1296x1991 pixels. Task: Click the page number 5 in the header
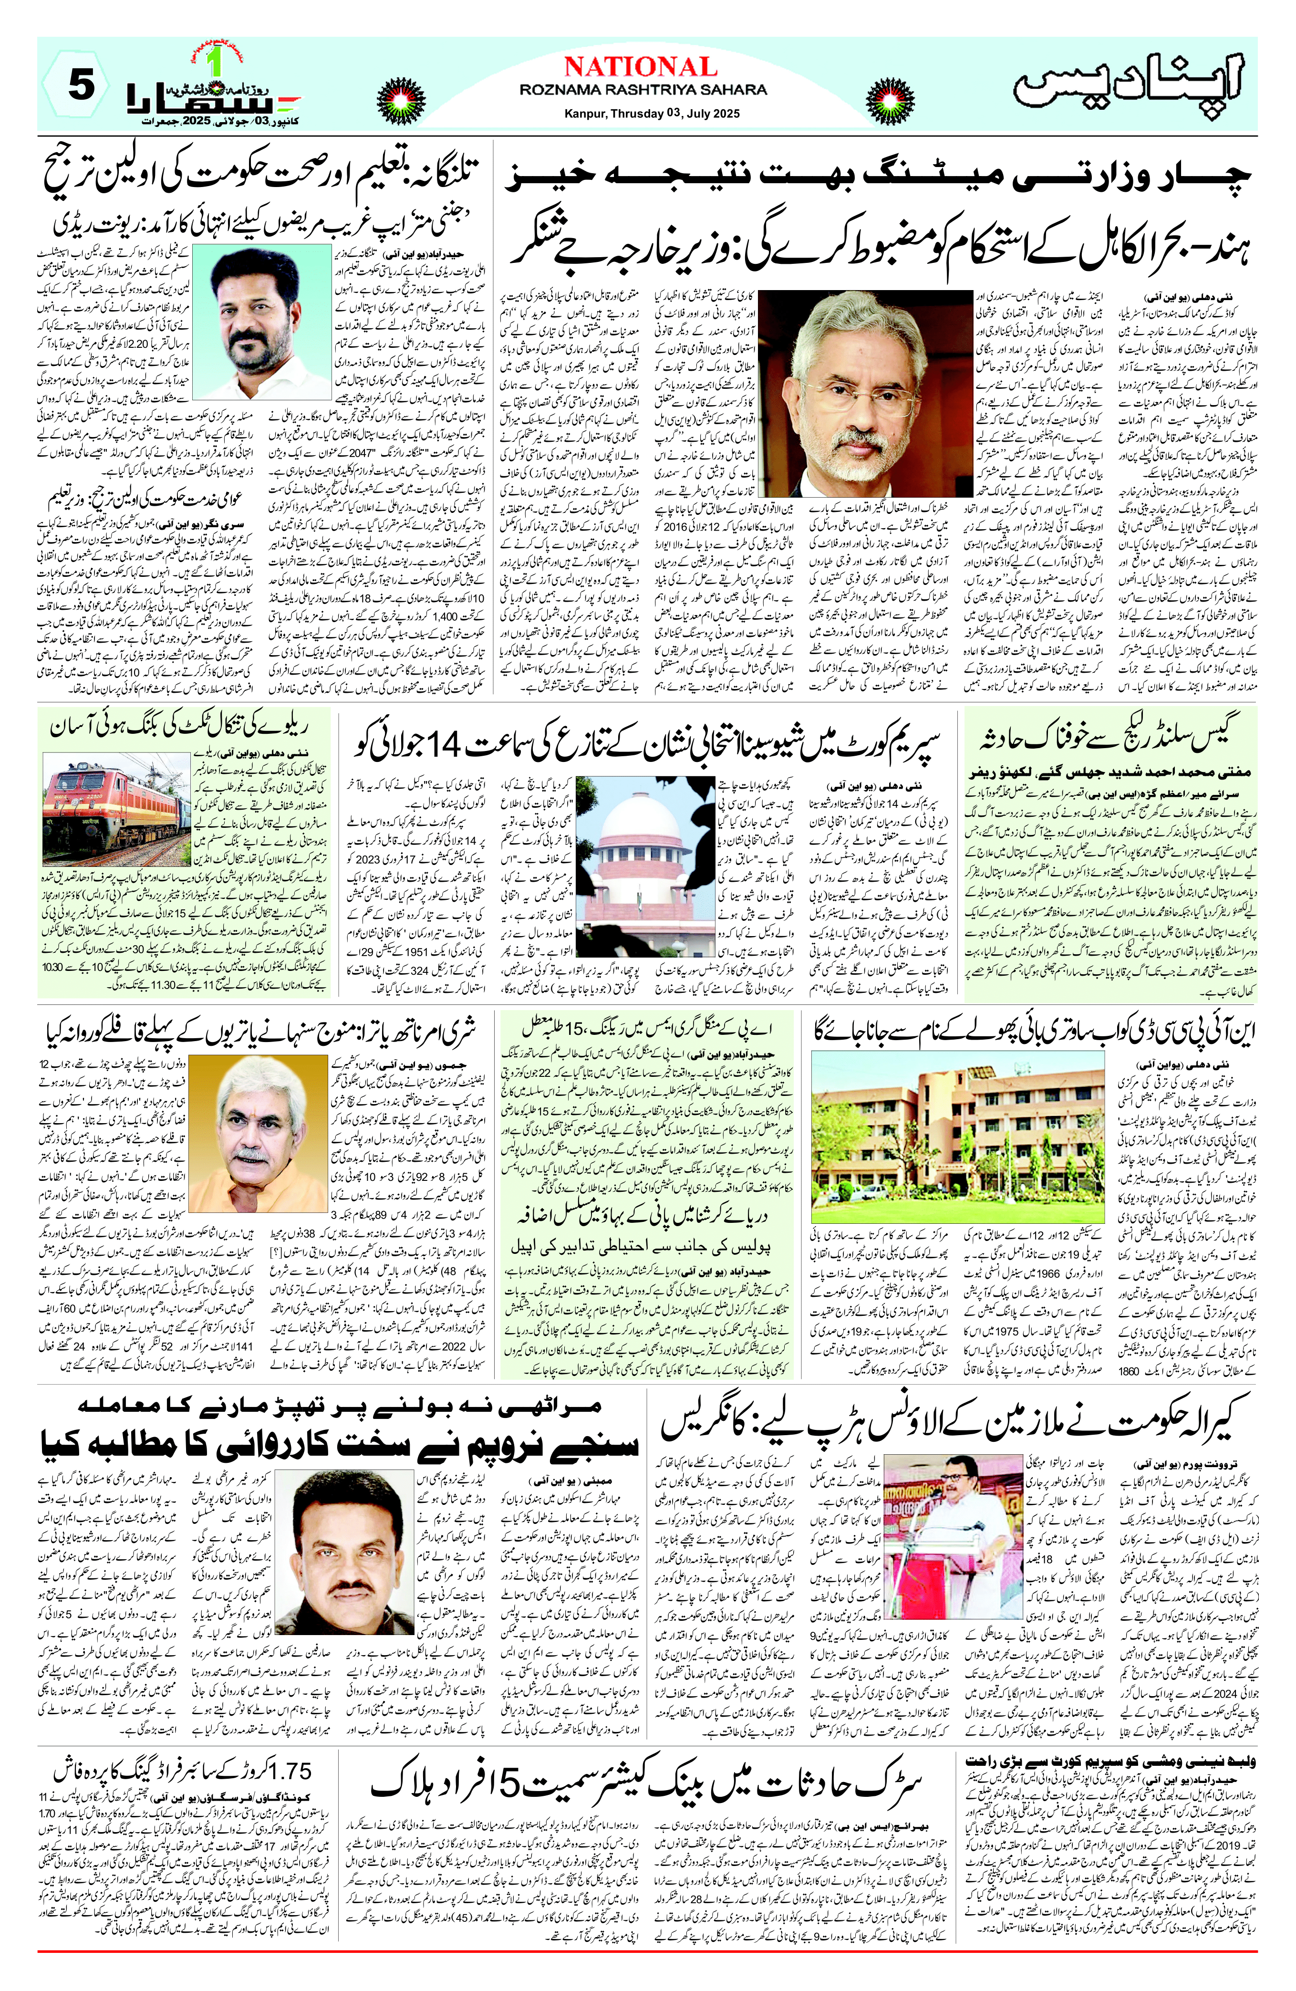81,89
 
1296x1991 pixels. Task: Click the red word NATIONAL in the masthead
641,67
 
